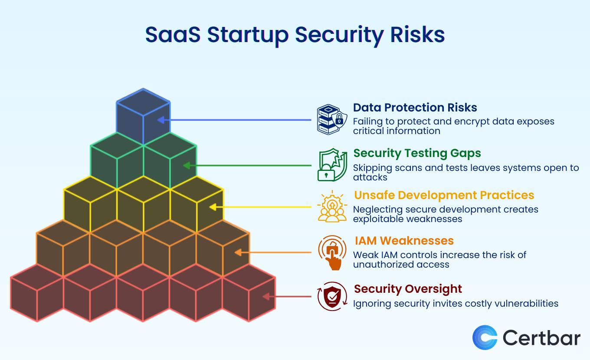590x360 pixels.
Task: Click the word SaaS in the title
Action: tap(173, 35)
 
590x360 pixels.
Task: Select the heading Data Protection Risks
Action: tap(415, 108)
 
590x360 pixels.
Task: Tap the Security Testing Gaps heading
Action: tap(417, 153)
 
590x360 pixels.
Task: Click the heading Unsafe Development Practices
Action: tap(444, 195)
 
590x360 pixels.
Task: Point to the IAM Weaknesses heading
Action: tap(404, 241)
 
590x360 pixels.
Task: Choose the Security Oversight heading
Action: tap(408, 289)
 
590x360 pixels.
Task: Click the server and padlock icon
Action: tap(332, 120)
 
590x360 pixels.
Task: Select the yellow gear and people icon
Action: tap(332, 206)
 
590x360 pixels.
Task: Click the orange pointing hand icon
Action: tap(332, 252)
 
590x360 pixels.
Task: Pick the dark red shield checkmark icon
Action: tap(332, 296)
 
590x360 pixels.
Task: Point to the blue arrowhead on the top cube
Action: tap(161, 120)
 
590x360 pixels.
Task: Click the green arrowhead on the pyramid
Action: tap(187, 165)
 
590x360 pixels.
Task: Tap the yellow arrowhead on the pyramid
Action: tap(213, 207)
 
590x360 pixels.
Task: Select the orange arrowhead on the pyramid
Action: tap(238, 252)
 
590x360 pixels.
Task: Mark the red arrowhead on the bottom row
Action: tap(266, 297)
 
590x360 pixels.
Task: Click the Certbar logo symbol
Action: tap(485, 337)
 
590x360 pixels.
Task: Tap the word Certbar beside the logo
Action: tap(541, 337)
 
